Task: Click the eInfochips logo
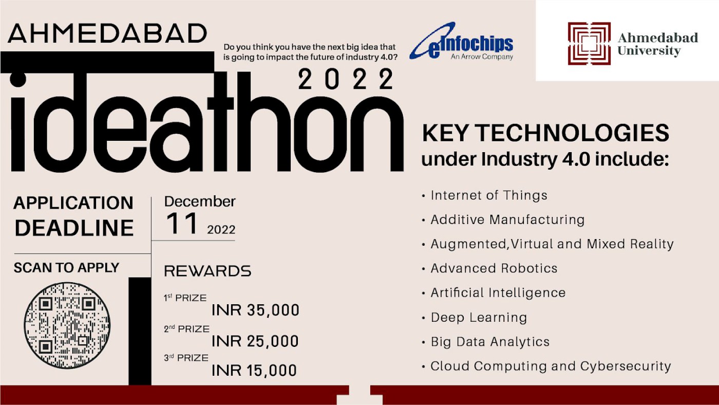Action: pyautogui.click(x=461, y=41)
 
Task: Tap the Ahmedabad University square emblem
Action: pyautogui.click(x=590, y=43)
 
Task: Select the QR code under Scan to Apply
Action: pyautogui.click(x=67, y=325)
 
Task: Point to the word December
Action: pyautogui.click(x=200, y=201)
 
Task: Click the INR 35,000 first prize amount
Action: pyautogui.click(x=256, y=310)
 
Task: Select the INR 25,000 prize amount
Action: pyautogui.click(x=255, y=341)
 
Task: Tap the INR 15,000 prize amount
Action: pyautogui.click(x=254, y=371)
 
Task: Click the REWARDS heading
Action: pyautogui.click(x=207, y=271)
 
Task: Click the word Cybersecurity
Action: pyautogui.click(x=626, y=366)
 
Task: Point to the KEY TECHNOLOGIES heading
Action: pyautogui.click(x=545, y=133)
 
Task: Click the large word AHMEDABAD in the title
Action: pyautogui.click(x=107, y=33)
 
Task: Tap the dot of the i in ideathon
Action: pyautogui.click(x=18, y=79)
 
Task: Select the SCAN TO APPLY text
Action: pyautogui.click(x=66, y=268)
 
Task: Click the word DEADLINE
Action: pyautogui.click(x=74, y=228)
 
